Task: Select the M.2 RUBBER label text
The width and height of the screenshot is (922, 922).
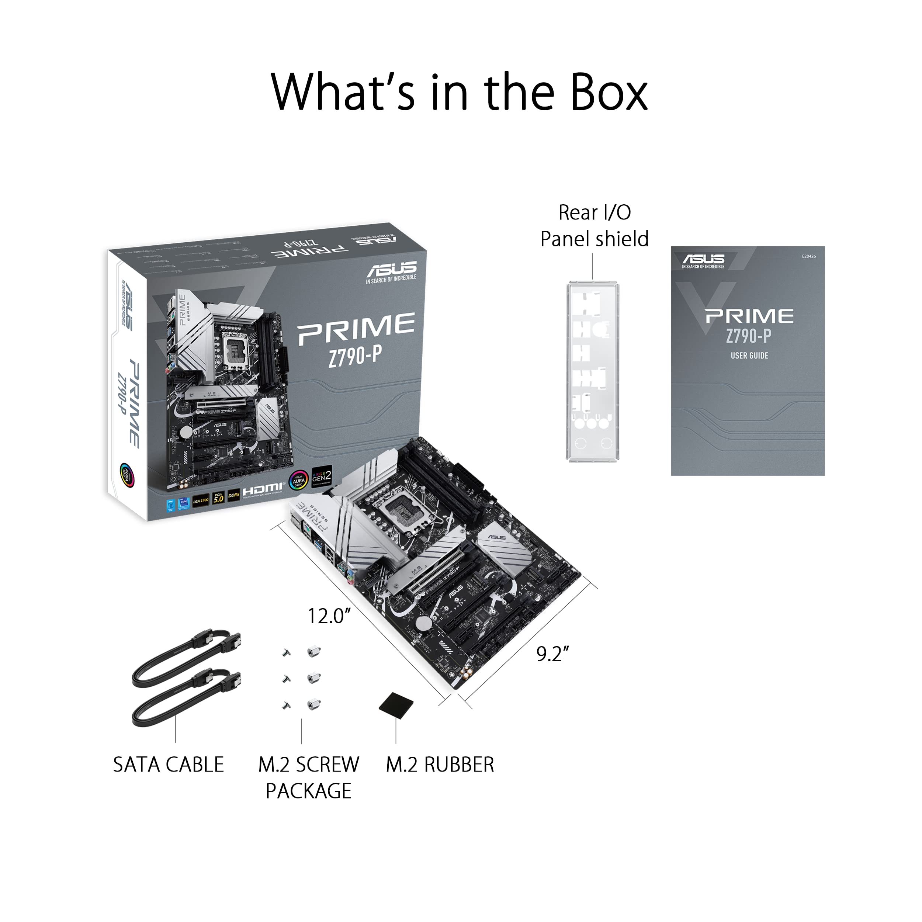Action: coord(440,765)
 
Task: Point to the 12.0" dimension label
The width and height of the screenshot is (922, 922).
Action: coord(329,616)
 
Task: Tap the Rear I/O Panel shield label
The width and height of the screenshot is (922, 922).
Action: coord(594,226)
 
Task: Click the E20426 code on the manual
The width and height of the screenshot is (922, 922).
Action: coord(808,256)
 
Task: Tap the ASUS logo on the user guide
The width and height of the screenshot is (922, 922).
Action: coord(703,261)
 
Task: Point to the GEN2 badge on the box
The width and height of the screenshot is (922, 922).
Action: coord(321,476)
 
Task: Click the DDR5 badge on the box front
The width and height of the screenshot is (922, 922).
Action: coord(233,495)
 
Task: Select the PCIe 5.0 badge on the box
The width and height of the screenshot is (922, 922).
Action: coord(218,498)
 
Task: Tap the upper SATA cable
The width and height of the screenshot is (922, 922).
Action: coord(186,654)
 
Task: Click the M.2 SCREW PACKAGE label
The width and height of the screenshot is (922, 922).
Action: coord(308,777)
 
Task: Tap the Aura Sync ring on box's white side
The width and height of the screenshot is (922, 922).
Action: coord(127,475)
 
